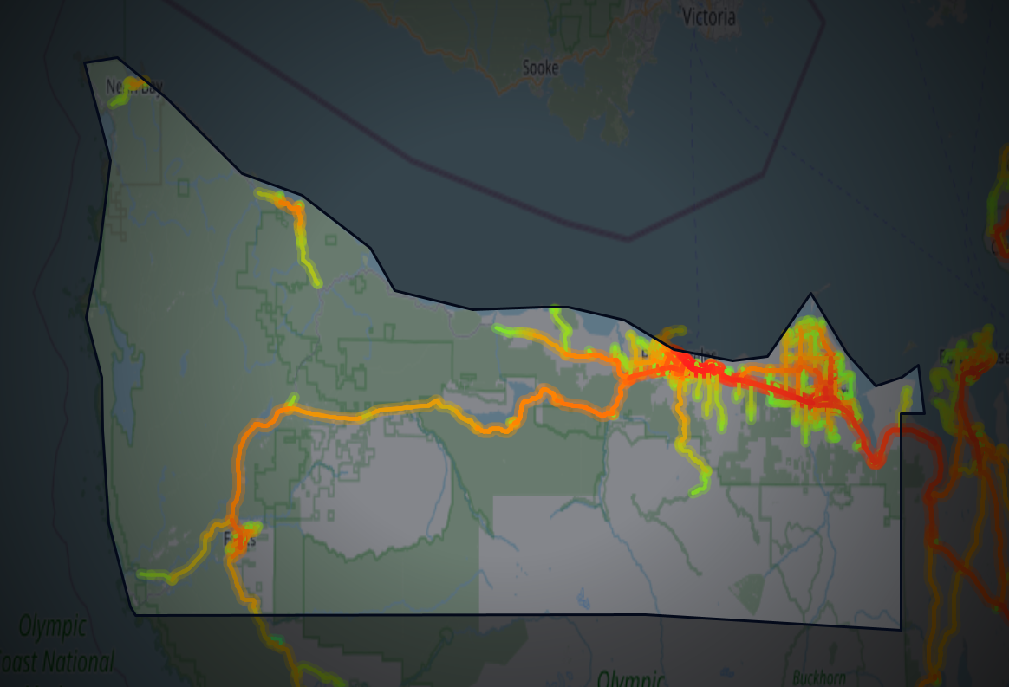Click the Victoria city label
pos(708,16)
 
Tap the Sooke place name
pos(540,67)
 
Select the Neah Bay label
pos(133,87)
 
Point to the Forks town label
pos(239,540)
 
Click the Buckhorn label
pos(817,676)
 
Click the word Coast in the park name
pos(19,663)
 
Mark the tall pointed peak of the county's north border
pos(811,295)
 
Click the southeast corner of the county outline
pos(901,629)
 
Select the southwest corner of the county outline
pos(135,614)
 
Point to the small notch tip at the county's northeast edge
pos(918,366)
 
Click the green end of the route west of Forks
pos(143,574)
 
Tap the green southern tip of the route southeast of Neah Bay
pos(316,282)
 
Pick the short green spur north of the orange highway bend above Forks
pos(293,399)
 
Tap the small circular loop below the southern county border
pos(446,637)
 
